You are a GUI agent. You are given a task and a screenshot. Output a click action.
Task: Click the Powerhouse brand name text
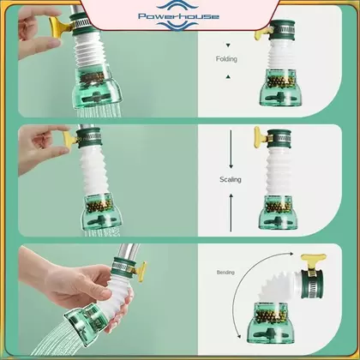(178, 16)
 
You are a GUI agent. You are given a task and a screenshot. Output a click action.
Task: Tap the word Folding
(226, 59)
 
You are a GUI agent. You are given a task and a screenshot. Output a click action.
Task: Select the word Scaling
(231, 179)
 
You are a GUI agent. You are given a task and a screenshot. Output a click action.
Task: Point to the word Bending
(225, 273)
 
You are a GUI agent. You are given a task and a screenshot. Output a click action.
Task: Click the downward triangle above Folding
(228, 45)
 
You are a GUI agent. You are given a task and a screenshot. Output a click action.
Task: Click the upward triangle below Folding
(228, 76)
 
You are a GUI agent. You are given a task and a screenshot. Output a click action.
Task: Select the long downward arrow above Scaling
(231, 149)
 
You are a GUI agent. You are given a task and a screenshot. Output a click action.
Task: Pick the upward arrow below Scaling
(231, 213)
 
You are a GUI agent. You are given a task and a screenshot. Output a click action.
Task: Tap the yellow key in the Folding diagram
(262, 32)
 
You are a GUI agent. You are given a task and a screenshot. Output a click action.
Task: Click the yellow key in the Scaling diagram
(261, 136)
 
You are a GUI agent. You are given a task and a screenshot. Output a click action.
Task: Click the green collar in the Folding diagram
(282, 29)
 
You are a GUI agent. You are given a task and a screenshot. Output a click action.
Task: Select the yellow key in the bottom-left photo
(141, 272)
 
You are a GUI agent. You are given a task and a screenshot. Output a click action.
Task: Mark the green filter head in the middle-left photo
(101, 212)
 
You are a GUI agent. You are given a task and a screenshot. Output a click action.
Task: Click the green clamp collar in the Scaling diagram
(279, 139)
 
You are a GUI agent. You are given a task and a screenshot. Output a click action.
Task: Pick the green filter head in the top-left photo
(97, 87)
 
